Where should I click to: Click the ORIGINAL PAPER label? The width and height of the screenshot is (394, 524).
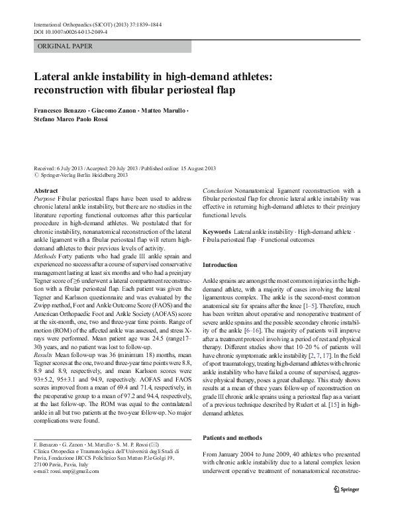(x=65, y=46)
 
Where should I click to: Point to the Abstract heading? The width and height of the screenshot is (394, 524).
(x=45, y=190)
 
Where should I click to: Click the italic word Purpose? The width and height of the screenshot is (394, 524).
(x=44, y=199)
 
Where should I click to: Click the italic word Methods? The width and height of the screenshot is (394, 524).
(x=44, y=274)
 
